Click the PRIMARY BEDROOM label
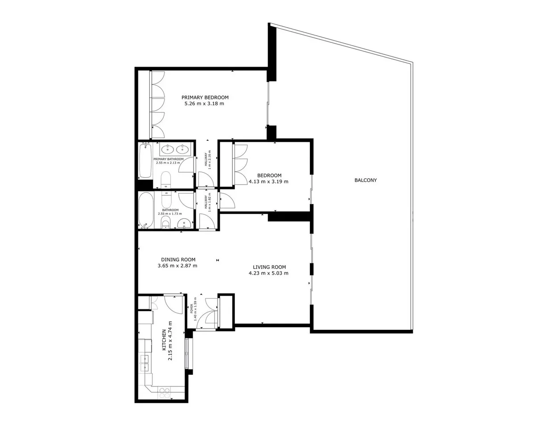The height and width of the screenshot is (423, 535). click(x=205, y=98)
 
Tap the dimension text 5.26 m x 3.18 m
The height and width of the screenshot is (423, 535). click(x=204, y=104)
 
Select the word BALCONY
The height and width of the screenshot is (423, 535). click(x=366, y=180)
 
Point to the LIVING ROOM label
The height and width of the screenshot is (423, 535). click(x=269, y=267)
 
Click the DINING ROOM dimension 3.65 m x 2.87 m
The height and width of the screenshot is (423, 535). click(x=177, y=266)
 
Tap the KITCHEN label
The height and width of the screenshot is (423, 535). click(x=164, y=340)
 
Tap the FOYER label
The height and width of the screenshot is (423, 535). click(x=191, y=309)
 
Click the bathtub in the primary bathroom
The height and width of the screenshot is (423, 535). click(x=145, y=161)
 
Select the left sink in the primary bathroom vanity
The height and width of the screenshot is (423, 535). click(x=167, y=149)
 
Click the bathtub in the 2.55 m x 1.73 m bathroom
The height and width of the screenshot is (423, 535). click(x=145, y=210)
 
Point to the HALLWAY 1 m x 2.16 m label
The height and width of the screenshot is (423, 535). click(x=207, y=160)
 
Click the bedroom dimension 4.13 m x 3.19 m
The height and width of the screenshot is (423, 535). click(x=268, y=182)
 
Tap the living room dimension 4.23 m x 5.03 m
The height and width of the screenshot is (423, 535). click(x=268, y=273)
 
